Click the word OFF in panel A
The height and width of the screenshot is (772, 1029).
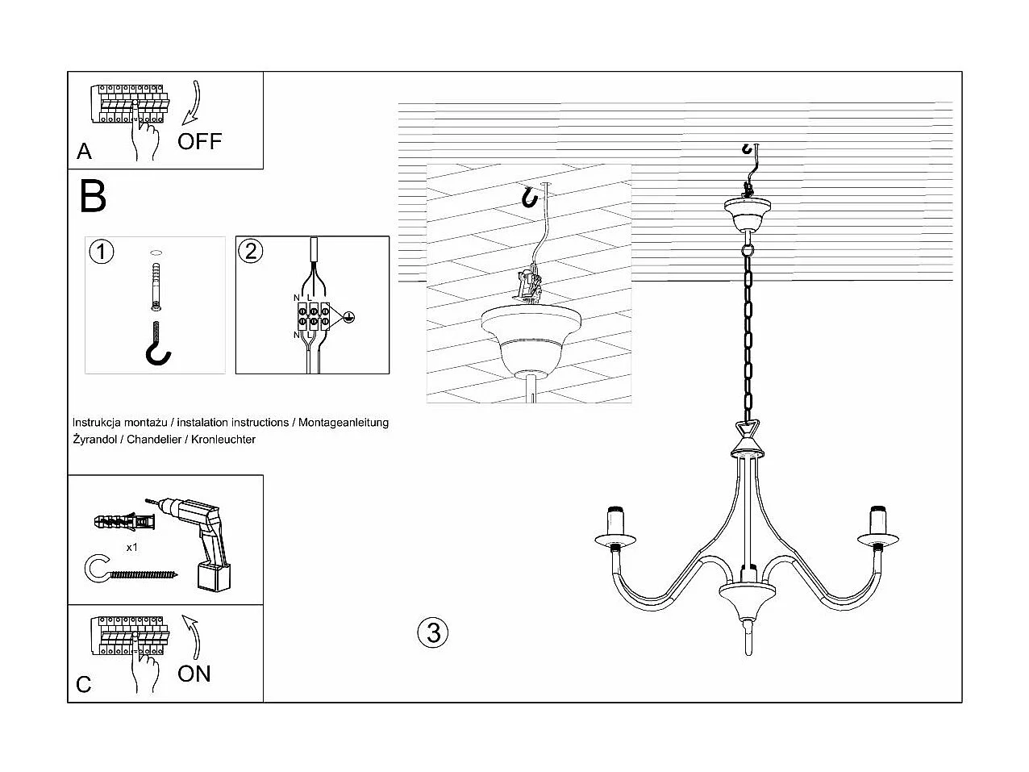[x=199, y=141]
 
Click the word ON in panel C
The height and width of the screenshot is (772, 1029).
[x=194, y=674]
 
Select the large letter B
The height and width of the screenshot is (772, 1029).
[x=93, y=196]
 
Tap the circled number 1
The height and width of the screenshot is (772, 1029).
[x=101, y=252]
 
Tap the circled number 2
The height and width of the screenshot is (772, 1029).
[x=251, y=251]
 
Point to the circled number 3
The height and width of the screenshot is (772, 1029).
[x=433, y=632]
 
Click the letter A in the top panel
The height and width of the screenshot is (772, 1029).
[x=84, y=152]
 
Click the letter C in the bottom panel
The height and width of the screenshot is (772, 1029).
[x=84, y=685]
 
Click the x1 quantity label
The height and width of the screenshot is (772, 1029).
[x=132, y=547]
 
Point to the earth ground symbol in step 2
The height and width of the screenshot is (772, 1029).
[x=348, y=317]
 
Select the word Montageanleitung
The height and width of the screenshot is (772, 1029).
[x=344, y=423]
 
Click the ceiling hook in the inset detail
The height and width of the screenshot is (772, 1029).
[x=529, y=197]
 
